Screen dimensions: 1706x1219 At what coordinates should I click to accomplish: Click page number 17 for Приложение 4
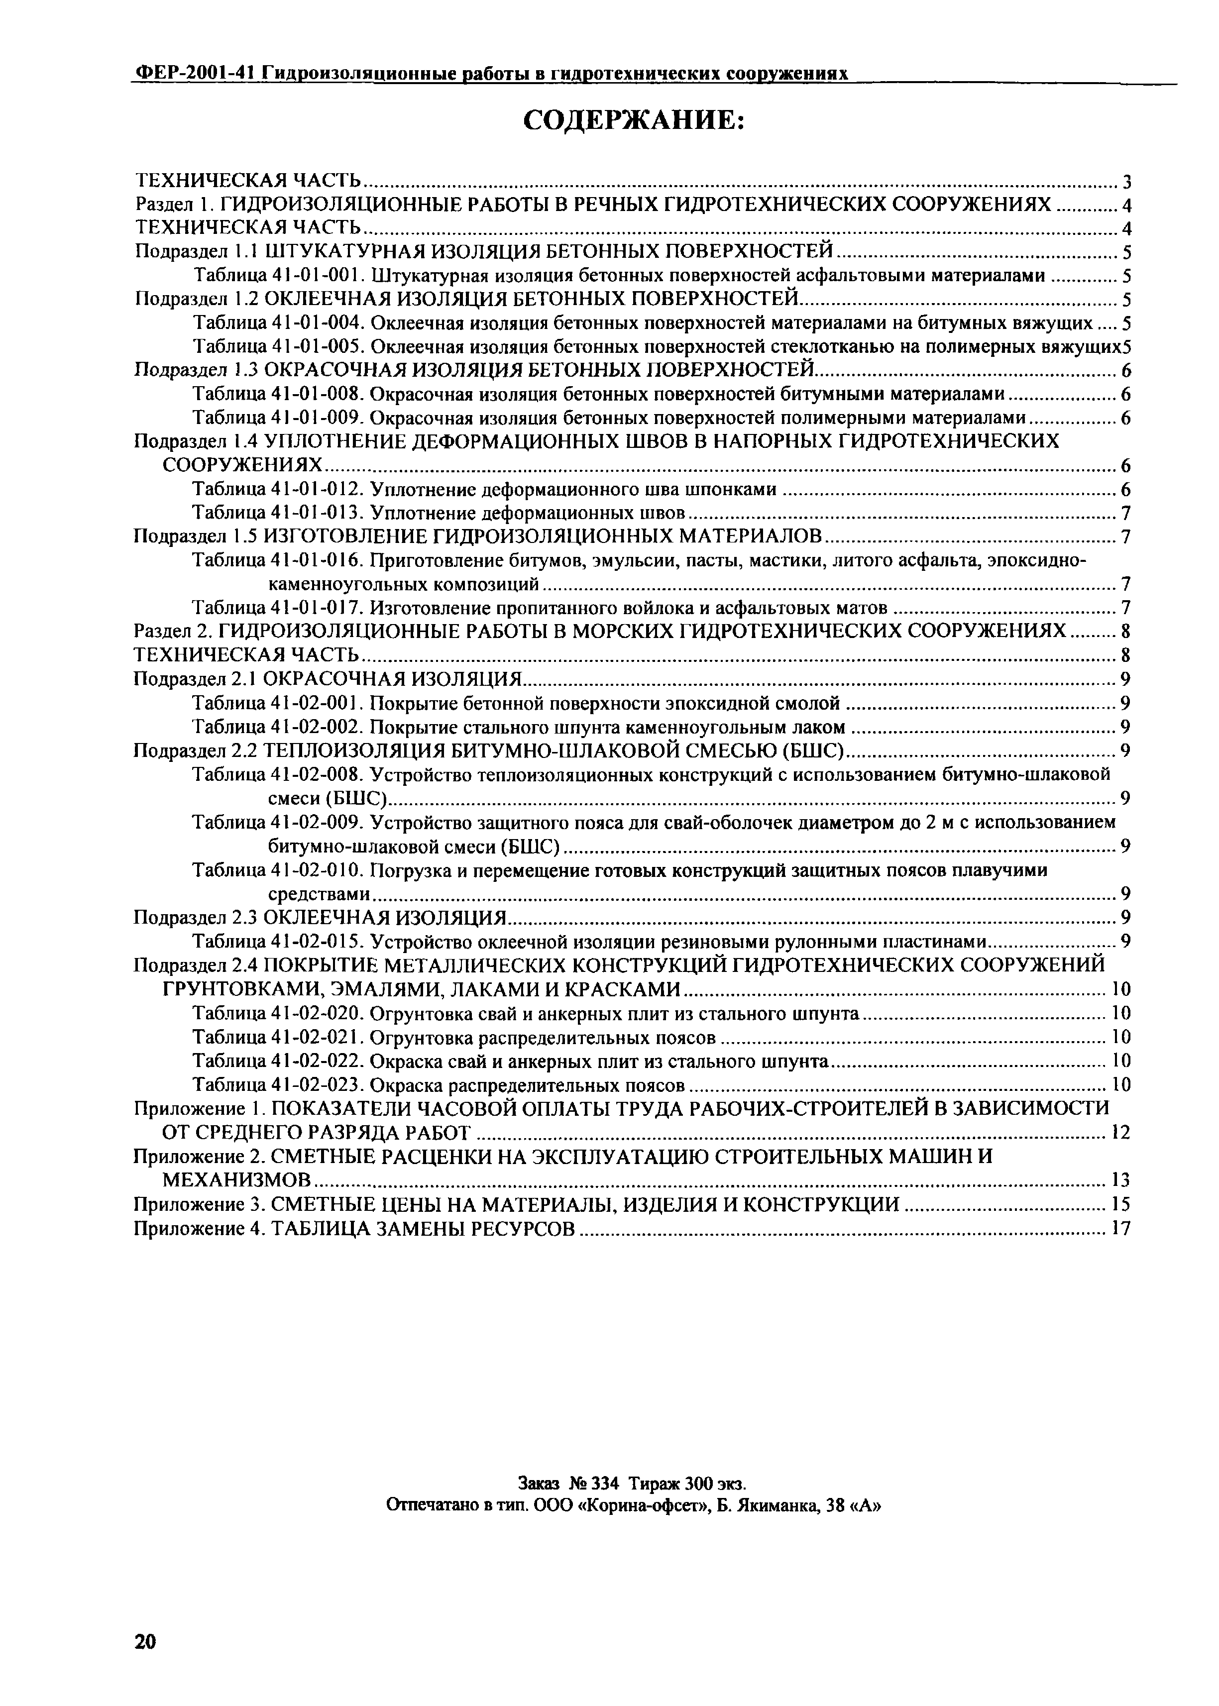[x=1120, y=1229]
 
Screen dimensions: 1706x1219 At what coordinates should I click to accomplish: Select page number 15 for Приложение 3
[x=1120, y=1205]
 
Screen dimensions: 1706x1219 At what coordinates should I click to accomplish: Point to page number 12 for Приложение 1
[x=1120, y=1133]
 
